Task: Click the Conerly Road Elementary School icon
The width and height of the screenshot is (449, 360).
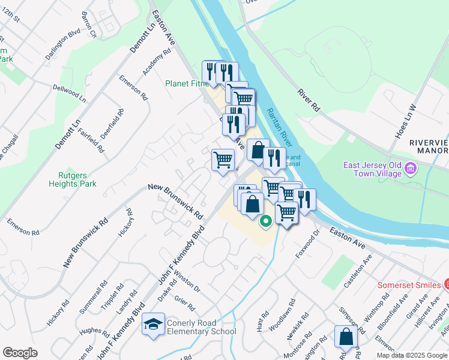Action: (x=154, y=325)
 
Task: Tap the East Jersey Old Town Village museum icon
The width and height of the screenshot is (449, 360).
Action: (x=411, y=169)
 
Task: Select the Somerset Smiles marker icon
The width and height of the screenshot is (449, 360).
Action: (x=445, y=284)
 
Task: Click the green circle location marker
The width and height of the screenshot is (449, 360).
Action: (x=265, y=221)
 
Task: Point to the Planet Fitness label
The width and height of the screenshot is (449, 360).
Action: (x=187, y=83)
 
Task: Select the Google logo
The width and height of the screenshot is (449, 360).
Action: (x=20, y=353)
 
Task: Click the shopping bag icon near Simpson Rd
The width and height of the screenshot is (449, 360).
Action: (x=346, y=337)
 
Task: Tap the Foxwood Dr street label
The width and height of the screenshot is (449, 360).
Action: (x=305, y=246)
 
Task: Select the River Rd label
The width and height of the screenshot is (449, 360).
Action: (x=308, y=100)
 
